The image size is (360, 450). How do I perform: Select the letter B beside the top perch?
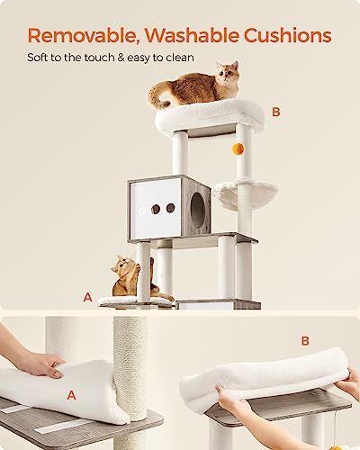(x=276, y=112)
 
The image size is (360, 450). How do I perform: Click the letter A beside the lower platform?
(x=87, y=295)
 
